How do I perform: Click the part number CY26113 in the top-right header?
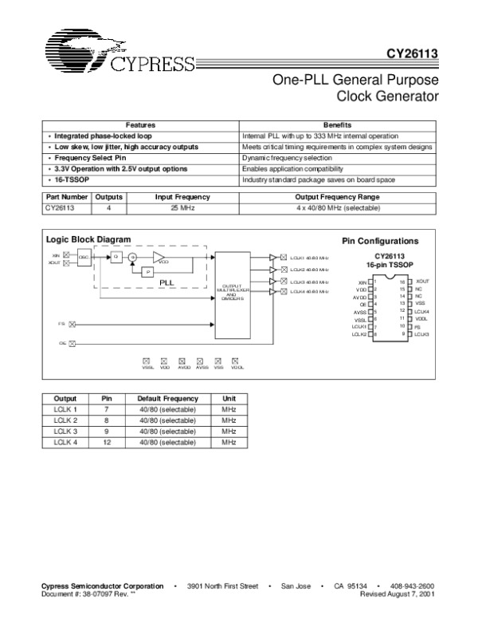tap(410, 55)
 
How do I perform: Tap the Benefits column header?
tap(338, 125)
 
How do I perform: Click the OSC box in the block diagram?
tap(83, 257)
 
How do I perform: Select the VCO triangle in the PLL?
tap(160, 257)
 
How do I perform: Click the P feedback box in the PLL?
tap(146, 272)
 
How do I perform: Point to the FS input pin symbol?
tap(72, 325)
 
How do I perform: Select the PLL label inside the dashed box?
tap(167, 282)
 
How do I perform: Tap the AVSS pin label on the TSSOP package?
tap(361, 311)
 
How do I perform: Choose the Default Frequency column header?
tap(167, 397)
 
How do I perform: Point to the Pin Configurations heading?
tap(381, 240)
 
